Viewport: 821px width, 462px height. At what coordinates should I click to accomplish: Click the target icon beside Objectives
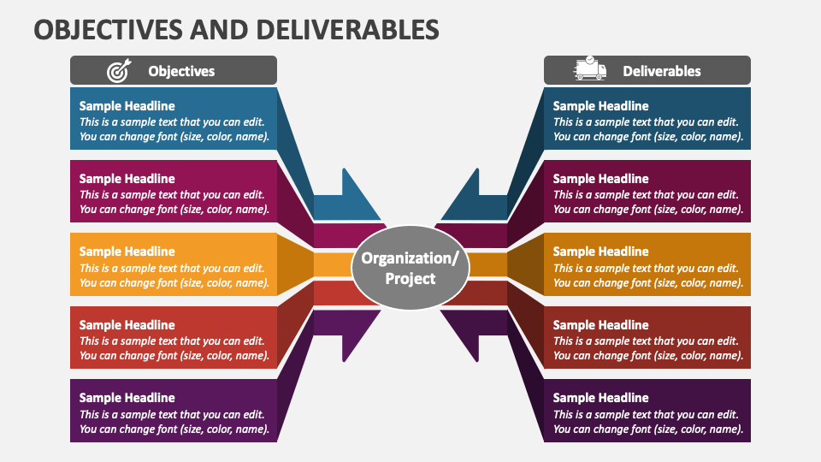pos(117,71)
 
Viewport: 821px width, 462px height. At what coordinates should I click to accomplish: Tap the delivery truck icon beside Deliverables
pos(590,69)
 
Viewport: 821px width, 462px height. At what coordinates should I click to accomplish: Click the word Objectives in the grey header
pos(181,71)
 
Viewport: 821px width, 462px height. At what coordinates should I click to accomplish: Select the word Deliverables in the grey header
pos(661,71)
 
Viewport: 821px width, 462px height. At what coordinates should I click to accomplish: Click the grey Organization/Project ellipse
pos(410,268)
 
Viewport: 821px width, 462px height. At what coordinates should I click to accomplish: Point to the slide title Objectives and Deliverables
pos(236,29)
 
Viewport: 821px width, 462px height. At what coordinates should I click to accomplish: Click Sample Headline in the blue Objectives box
pos(127,106)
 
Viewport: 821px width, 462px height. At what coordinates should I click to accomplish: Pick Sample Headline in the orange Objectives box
pos(127,252)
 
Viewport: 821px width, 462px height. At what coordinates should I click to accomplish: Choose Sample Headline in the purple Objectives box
pos(127,398)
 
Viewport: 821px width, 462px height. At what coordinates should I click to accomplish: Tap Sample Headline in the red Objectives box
pos(127,325)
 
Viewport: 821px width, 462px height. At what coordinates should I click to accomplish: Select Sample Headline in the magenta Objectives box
pos(127,179)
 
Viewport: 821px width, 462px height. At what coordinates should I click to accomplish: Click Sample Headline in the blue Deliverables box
pos(600,106)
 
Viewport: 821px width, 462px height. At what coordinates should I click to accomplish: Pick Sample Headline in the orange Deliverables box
pos(600,252)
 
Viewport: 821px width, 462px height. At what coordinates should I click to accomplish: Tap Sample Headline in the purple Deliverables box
pos(600,398)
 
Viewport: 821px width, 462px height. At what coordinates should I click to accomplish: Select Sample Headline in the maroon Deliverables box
pos(600,179)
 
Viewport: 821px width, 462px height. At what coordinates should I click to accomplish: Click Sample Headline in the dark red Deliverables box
pos(600,325)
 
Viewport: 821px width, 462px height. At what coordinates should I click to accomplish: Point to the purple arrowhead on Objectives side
pos(351,334)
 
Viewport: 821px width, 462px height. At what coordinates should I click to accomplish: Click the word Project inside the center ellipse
pos(410,278)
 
